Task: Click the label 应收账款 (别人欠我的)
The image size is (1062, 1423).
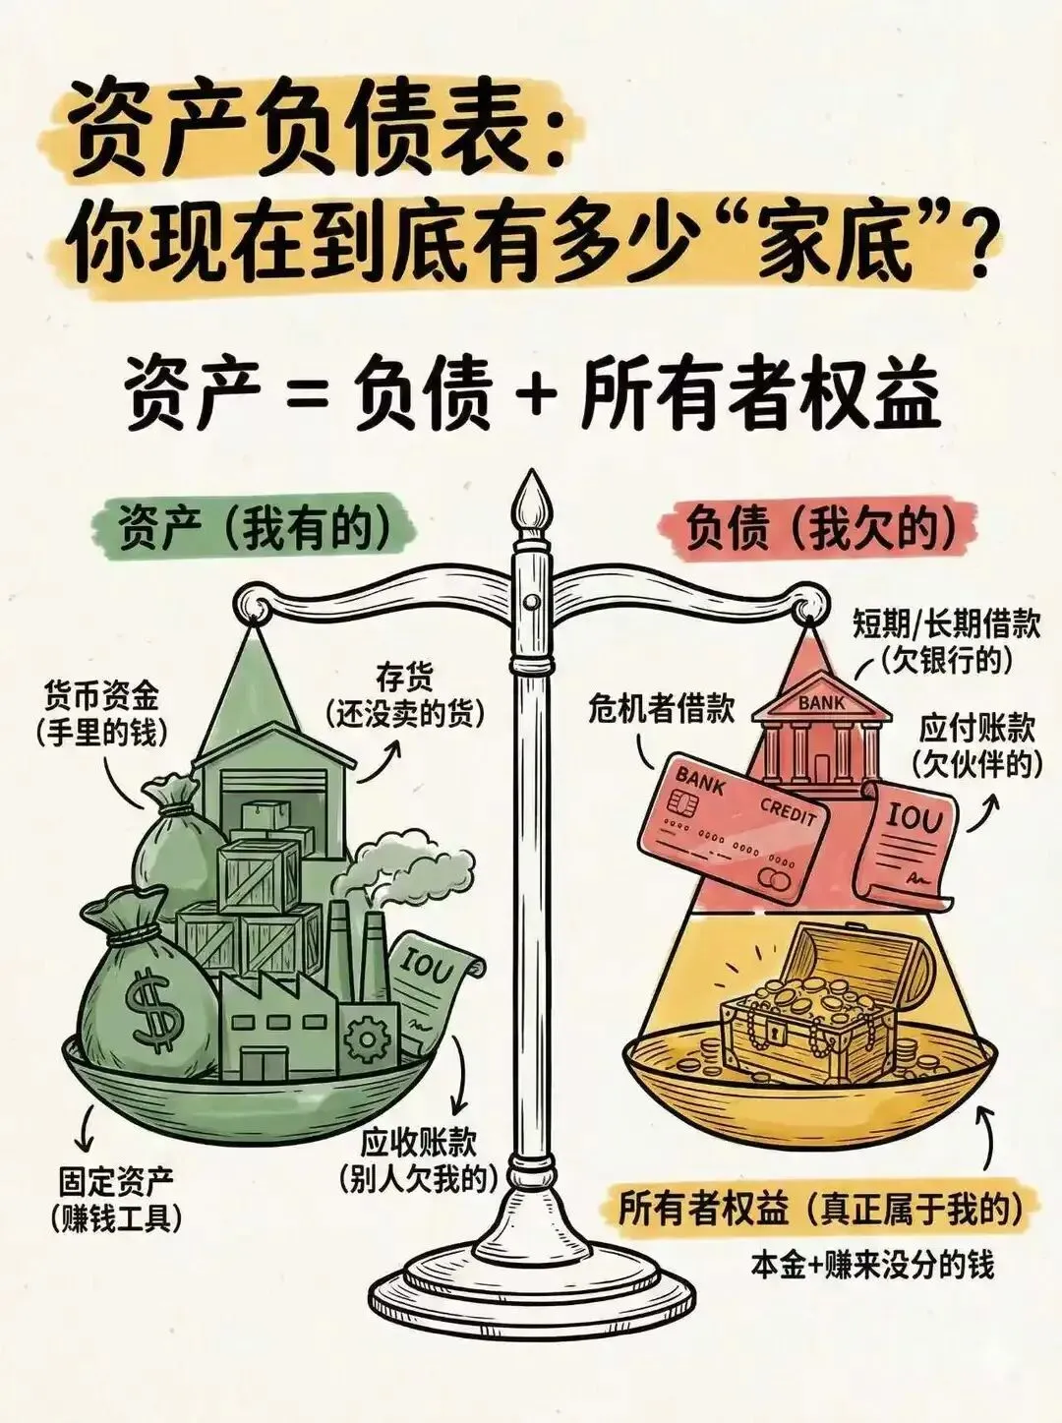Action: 418,1159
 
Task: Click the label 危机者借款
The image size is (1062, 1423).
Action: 661,708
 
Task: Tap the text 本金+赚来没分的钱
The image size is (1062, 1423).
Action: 872,1263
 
